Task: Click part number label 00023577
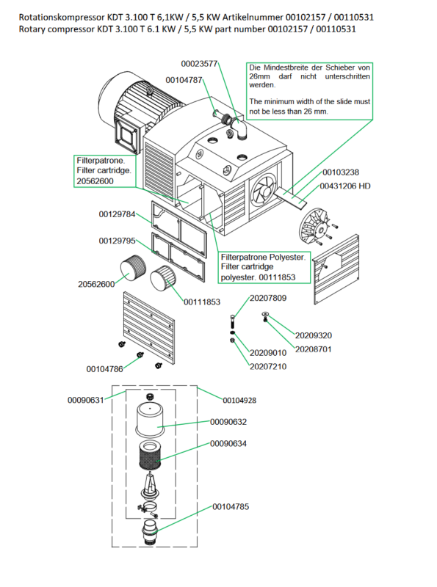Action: click(199, 64)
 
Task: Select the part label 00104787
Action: click(184, 80)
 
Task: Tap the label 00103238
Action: click(341, 172)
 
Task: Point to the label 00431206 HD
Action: click(344, 186)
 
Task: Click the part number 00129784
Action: click(117, 214)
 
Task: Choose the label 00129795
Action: click(117, 241)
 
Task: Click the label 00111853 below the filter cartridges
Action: click(202, 302)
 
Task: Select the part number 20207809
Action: click(268, 298)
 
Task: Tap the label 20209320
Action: click(314, 335)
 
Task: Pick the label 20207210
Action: click(268, 366)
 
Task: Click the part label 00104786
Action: click(104, 369)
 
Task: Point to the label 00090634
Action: click(228, 444)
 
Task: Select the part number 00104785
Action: click(231, 506)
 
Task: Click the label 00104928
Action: click(239, 401)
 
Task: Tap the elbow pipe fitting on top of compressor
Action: click(241, 128)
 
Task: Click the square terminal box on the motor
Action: click(126, 136)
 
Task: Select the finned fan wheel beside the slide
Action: click(314, 225)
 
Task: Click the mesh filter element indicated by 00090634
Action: click(150, 456)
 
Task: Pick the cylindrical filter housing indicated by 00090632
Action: click(150, 419)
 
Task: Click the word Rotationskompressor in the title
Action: click(62, 17)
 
